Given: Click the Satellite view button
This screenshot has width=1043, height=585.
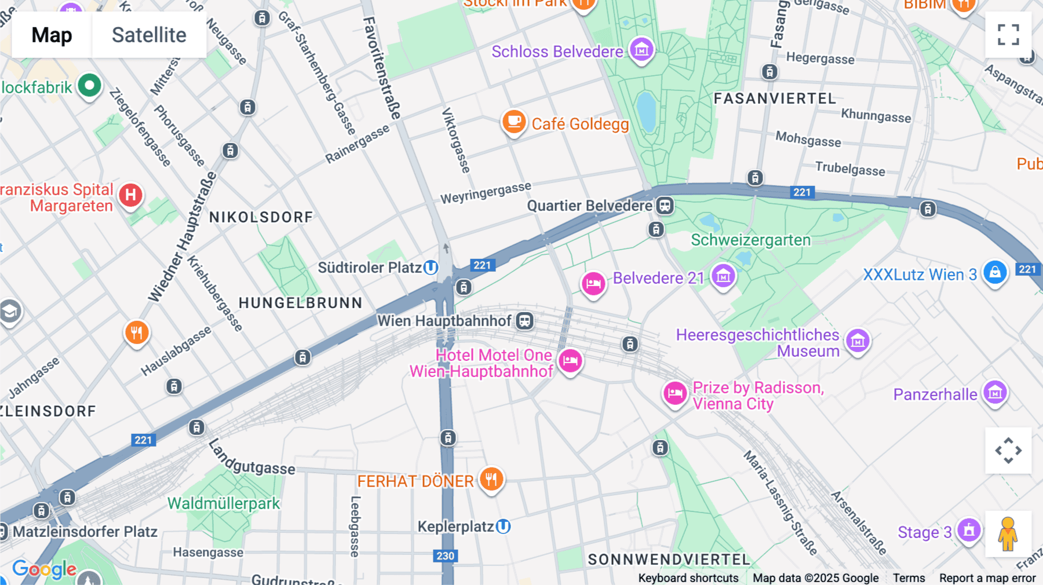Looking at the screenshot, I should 149,35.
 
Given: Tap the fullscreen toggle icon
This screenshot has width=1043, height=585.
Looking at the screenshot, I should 1008,35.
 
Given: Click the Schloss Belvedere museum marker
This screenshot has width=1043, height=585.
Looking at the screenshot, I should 641,50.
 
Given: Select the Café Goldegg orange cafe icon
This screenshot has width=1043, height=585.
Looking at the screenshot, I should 513,122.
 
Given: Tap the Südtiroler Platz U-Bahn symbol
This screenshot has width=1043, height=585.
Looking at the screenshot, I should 431,268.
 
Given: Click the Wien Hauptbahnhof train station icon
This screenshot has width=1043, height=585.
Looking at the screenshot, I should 525,320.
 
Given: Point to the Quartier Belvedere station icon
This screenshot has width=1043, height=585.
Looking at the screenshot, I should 665,205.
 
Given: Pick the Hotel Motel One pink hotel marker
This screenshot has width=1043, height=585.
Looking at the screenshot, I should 570,360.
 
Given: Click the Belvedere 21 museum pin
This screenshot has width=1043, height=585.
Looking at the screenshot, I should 723,276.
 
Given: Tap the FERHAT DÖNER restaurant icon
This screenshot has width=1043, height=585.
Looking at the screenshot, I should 491,479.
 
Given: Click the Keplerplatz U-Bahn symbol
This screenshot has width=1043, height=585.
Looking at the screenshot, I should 504,526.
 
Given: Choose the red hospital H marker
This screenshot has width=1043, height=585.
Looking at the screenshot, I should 131,195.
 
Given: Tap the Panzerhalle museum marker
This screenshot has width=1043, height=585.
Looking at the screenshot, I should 995,393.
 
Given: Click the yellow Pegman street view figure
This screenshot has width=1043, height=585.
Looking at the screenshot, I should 1008,533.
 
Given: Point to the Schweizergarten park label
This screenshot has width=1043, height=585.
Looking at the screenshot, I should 750,240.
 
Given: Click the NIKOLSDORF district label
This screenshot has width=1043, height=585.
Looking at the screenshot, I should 261,217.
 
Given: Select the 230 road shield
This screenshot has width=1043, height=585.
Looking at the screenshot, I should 445,556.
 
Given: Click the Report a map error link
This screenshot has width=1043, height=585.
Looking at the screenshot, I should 987,578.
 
